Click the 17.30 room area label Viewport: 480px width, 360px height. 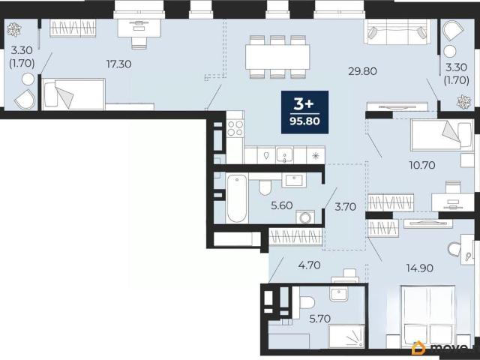click(118, 64)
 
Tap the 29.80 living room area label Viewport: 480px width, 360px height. click(363, 71)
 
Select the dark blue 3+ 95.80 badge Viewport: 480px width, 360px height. click(305, 112)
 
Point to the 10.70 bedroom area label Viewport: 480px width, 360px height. click(422, 165)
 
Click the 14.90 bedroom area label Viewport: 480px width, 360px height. click(420, 268)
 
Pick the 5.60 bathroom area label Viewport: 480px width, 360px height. click(282, 205)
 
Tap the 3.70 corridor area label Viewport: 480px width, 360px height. click(345, 207)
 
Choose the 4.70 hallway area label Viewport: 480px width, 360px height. click(310, 265)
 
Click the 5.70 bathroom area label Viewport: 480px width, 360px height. click(320, 319)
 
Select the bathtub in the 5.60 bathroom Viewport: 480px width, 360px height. click(237, 198)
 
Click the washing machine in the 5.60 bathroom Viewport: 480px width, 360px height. click(305, 217)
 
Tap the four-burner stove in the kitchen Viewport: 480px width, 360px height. click(235, 128)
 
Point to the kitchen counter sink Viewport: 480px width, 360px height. click(285, 154)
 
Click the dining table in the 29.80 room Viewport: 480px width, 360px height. click(277, 57)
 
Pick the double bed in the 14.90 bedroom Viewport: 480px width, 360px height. click(428, 316)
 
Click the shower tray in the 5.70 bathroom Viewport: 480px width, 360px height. click(346, 337)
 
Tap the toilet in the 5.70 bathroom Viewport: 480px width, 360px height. click(307, 302)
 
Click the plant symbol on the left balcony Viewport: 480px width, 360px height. click(14, 30)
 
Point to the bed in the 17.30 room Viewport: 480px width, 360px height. click(73, 94)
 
